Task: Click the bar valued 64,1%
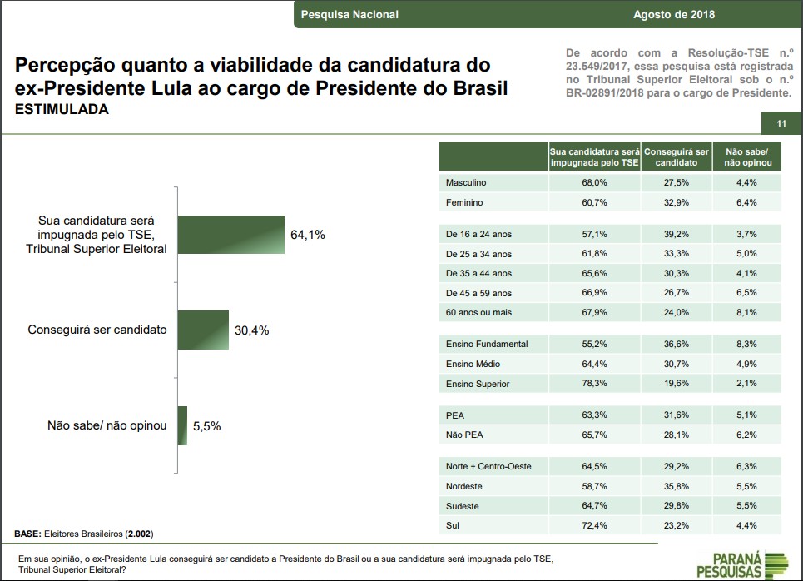230,236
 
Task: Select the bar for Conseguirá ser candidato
202,330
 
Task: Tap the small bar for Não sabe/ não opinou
182,425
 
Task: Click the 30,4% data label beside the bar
251,330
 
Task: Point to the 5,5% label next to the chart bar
206,425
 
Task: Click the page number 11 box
781,124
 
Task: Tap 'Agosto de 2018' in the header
674,14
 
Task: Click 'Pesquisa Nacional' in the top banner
349,14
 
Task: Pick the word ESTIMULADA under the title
62,109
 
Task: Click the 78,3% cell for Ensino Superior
594,384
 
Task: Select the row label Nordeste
464,486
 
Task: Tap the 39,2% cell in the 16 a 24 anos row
676,234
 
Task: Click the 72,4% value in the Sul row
594,526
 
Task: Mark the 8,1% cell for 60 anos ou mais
746,313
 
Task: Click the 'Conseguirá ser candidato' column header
676,157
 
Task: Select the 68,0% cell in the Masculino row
594,182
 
